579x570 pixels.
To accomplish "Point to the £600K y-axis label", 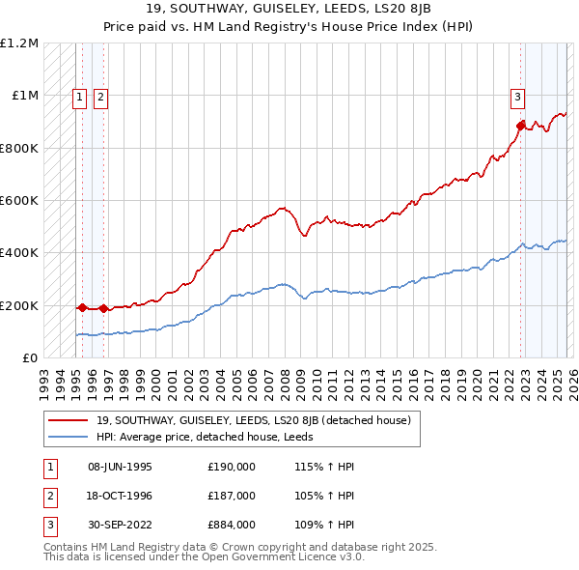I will pyautogui.click(x=19, y=201).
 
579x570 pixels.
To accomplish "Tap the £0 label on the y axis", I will pyautogui.click(x=31, y=358).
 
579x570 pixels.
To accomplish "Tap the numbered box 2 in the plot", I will pyautogui.click(x=100, y=96).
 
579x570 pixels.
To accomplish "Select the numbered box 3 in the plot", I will pyautogui.click(x=517, y=96).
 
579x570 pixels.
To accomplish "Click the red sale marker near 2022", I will pyautogui.click(x=521, y=126).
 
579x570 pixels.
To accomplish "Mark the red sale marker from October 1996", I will pyautogui.click(x=103, y=309).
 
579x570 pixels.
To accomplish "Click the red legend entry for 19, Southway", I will pyautogui.click(x=254, y=420).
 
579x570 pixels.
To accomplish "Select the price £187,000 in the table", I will pyautogui.click(x=231, y=496).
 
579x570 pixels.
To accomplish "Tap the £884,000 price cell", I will pyautogui.click(x=231, y=525).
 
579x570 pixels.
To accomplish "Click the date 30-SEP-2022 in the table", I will pyautogui.click(x=119, y=525).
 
